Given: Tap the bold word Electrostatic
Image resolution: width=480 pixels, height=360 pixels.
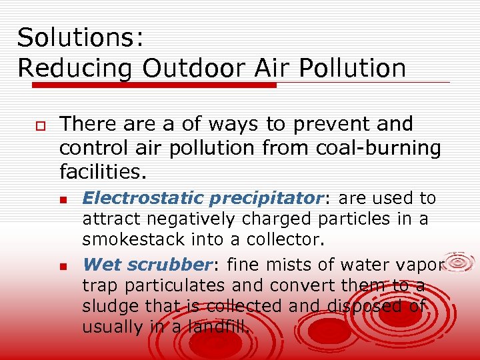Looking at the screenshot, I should [x=133, y=198].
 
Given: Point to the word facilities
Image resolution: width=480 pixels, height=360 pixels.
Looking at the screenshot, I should [x=102, y=173].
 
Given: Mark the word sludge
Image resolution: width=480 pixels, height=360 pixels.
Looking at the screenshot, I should [x=104, y=306].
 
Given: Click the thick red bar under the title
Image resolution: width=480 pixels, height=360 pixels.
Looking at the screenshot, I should [x=153, y=85].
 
